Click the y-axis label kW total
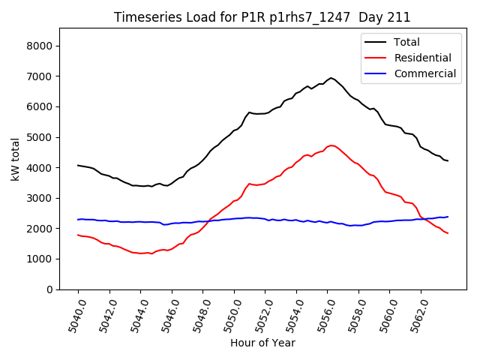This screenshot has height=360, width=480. tap(16, 159)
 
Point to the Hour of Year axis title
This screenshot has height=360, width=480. tap(262, 343)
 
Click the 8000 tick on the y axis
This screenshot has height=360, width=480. tap(39, 46)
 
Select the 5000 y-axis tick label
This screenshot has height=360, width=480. tap(39, 137)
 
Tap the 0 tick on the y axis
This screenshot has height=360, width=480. tap(49, 289)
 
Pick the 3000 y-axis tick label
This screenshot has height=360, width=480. tap(39, 198)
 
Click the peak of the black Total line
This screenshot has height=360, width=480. tap(331, 77)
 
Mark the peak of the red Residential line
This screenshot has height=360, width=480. tap(331, 145)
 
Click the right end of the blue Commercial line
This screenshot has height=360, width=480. tap(448, 217)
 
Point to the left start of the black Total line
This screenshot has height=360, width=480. tap(78, 165)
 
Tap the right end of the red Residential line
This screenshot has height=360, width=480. tap(448, 233)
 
